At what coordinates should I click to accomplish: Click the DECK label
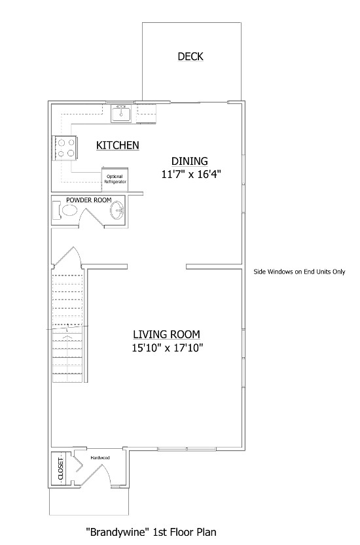(190, 57)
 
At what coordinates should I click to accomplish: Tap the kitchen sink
(121, 114)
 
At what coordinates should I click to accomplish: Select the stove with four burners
(65, 147)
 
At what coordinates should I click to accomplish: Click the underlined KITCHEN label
(118, 145)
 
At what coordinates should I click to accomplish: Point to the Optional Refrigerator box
(115, 179)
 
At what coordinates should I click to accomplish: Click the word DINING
(189, 161)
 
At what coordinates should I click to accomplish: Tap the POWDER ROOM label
(88, 200)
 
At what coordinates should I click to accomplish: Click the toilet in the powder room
(65, 211)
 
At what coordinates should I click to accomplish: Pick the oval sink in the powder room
(117, 211)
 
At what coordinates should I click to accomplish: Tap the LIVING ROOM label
(167, 334)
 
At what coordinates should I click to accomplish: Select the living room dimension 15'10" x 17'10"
(167, 348)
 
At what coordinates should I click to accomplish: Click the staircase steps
(67, 327)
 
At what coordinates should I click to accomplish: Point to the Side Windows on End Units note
(299, 272)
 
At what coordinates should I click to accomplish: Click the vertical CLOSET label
(61, 468)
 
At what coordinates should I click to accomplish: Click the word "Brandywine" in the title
(112, 533)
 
